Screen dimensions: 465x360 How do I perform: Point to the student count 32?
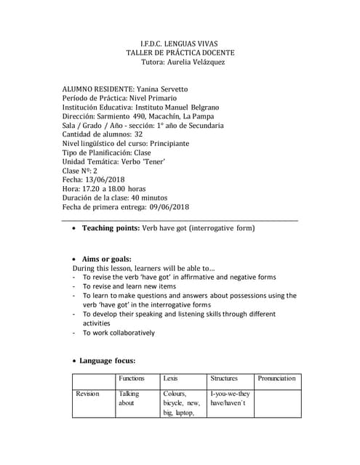138,134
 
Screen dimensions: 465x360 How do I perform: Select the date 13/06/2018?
108,179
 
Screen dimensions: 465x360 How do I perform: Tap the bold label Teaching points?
111,228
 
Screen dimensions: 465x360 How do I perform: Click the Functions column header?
131,379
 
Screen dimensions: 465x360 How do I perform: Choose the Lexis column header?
171,379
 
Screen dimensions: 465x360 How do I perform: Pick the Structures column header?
224,379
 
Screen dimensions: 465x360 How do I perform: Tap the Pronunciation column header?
276,379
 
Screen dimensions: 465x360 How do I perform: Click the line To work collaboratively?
119,333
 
